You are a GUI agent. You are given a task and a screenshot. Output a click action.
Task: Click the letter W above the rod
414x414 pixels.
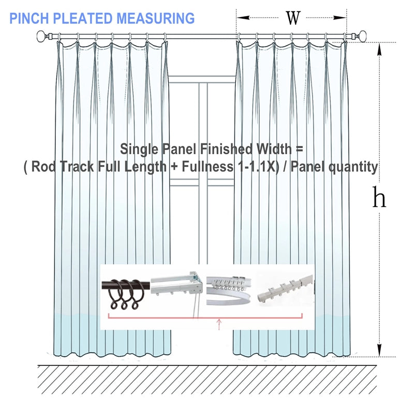tap(293, 18)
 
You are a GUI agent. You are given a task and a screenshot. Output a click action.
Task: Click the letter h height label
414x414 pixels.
tap(379, 197)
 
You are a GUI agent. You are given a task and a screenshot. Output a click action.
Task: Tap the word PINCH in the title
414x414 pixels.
tap(27, 19)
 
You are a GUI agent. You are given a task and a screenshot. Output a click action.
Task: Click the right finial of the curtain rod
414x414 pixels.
tap(365, 36)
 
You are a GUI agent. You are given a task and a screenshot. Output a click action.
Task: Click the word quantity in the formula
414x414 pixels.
tap(353, 167)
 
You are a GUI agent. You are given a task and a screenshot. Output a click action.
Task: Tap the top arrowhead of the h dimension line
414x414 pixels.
tap(380, 48)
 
